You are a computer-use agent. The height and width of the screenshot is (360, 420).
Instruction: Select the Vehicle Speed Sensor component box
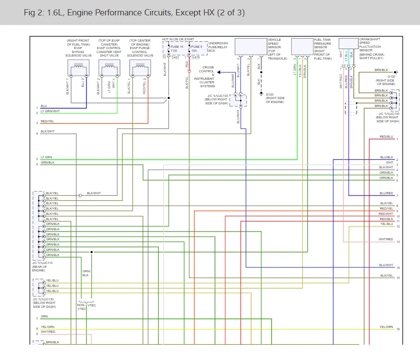(251, 47)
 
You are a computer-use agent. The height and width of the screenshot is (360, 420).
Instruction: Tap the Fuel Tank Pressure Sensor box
(302, 47)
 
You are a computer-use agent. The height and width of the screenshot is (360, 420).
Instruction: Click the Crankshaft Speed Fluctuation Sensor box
(348, 43)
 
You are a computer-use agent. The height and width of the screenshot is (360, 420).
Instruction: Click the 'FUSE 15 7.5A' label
(177, 48)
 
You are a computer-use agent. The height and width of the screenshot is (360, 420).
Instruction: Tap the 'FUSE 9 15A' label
(196, 48)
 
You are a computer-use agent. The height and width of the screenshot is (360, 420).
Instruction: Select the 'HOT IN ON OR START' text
(178, 39)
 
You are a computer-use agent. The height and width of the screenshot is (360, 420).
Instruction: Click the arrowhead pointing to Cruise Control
(219, 72)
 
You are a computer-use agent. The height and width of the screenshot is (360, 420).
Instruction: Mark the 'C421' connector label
(175, 57)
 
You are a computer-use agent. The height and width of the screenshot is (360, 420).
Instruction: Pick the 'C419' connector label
(196, 57)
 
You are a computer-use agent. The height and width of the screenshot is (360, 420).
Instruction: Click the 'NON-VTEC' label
(82, 307)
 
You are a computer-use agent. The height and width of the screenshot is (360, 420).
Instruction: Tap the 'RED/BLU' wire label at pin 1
(386, 136)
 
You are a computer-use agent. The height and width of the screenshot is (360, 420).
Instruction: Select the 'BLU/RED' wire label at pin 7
(386, 193)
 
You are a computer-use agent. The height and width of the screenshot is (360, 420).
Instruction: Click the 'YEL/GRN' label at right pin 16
(386, 327)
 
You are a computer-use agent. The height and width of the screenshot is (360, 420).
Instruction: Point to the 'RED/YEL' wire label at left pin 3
(47, 121)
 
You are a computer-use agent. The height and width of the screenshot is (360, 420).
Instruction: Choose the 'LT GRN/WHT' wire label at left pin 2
(50, 111)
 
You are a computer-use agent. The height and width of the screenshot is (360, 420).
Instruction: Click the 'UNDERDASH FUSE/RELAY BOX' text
(218, 47)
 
